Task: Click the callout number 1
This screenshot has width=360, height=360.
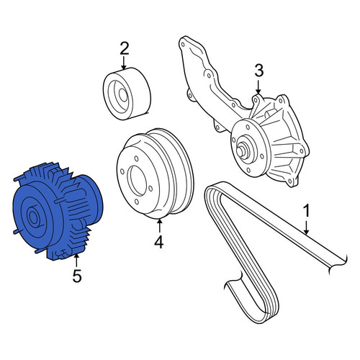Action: [306, 212]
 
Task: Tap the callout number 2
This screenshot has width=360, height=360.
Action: [125, 48]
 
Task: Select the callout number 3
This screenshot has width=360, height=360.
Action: [258, 71]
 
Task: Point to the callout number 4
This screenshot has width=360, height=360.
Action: [158, 242]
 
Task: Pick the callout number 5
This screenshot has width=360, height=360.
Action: [77, 276]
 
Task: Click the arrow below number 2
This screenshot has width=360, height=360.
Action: [124, 63]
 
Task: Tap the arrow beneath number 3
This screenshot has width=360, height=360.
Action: [258, 87]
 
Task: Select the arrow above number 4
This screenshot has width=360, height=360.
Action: [159, 225]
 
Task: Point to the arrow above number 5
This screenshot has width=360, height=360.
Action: [76, 261]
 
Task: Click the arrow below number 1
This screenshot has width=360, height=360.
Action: [306, 228]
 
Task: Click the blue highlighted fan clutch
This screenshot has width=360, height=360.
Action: [57, 211]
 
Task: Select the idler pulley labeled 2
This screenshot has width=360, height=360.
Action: [127, 94]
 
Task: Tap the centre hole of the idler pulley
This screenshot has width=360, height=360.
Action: [123, 95]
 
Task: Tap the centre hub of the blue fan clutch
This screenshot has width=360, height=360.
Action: [33, 217]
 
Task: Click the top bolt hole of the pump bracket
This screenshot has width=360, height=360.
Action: [183, 45]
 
